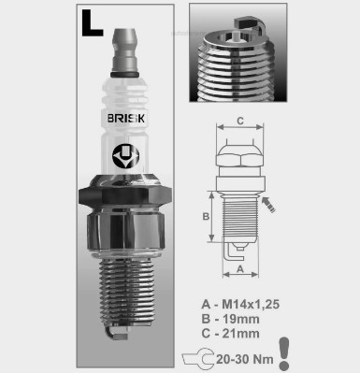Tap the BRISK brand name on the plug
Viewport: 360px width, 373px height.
(126, 119)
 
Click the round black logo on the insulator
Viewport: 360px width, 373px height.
(125, 156)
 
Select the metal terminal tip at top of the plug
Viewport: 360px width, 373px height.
(124, 50)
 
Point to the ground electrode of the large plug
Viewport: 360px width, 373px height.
(116, 333)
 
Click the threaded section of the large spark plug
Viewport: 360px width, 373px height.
(126, 291)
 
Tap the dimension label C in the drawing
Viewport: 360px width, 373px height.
(240, 121)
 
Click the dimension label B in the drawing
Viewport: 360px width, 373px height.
(206, 216)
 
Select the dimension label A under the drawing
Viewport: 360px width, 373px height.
(240, 268)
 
